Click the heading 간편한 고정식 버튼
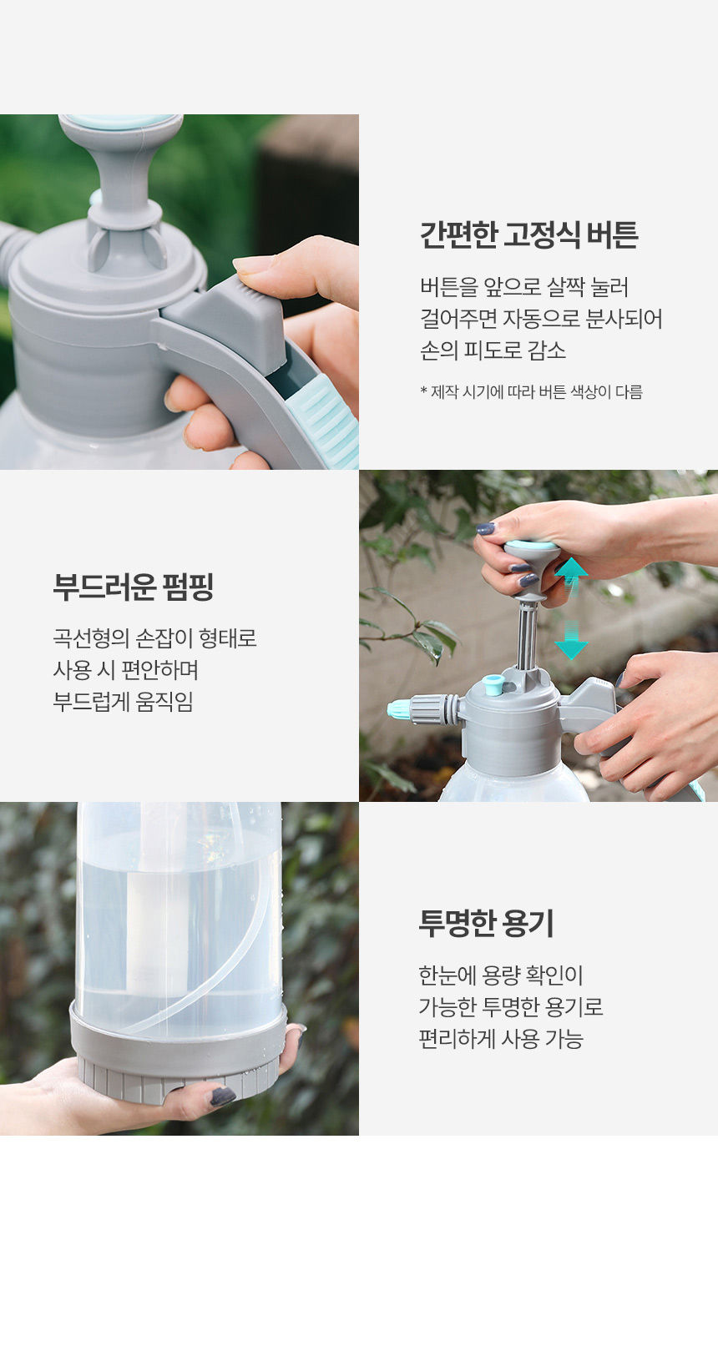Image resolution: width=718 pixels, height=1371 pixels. coord(528,235)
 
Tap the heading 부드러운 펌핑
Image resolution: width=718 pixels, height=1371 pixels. coord(133,587)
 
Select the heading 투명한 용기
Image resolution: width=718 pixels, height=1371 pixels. coord(486,924)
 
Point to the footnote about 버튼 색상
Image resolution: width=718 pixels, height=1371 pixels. coord(531,391)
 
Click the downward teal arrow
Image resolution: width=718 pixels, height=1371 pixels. coord(571,640)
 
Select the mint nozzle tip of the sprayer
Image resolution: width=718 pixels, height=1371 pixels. coord(399,710)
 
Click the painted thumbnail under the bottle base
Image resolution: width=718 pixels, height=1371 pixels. coord(222,1096)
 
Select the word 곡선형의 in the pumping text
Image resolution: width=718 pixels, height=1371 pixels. coord(91,638)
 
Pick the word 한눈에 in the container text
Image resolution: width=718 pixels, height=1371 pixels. coord(447,975)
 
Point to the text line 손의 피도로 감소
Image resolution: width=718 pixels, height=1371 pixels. coord(493,350)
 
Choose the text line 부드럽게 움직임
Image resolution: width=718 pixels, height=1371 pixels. coord(123,702)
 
